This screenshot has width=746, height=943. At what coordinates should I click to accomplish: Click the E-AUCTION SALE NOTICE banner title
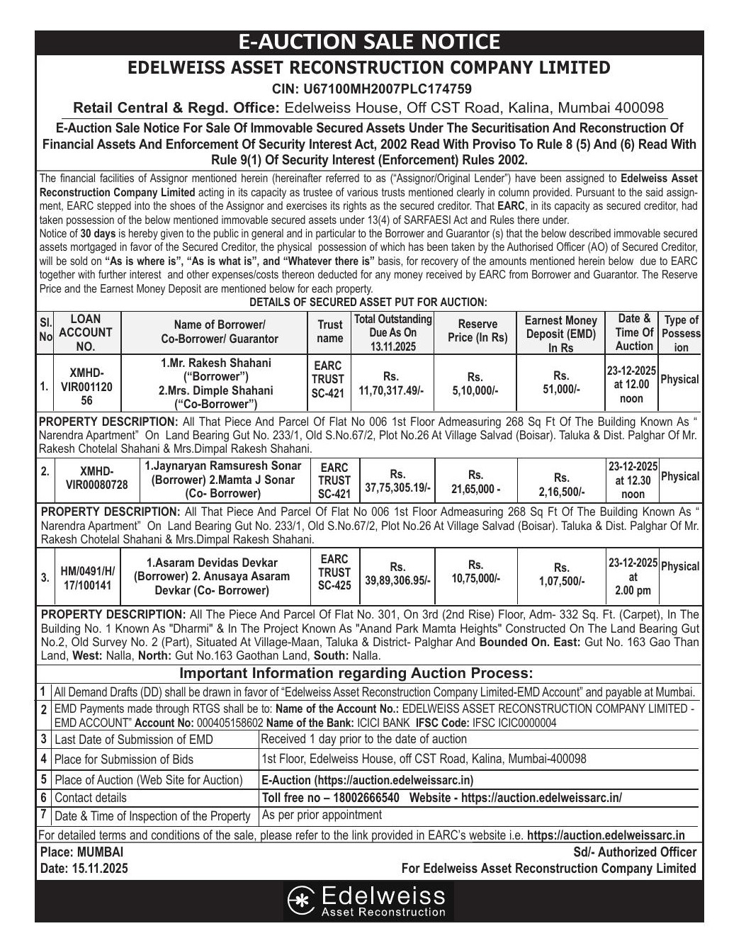(368, 42)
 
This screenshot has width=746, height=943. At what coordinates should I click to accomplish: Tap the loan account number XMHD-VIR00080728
(96, 478)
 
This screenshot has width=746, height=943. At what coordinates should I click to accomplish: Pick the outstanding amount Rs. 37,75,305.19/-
(397, 481)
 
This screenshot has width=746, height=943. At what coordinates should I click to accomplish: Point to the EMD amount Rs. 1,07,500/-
(561, 575)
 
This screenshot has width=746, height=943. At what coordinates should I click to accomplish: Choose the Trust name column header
(329, 332)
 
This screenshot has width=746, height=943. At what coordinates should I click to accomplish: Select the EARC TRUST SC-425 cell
(334, 572)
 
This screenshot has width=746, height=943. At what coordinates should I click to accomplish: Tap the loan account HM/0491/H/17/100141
(88, 578)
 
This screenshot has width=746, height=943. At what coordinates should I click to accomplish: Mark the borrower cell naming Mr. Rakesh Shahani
(215, 383)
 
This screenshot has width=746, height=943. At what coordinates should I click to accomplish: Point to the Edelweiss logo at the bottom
(368, 900)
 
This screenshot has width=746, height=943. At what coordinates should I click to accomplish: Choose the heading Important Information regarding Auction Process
(356, 673)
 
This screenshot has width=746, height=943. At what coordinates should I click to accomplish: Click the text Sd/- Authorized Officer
(635, 852)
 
